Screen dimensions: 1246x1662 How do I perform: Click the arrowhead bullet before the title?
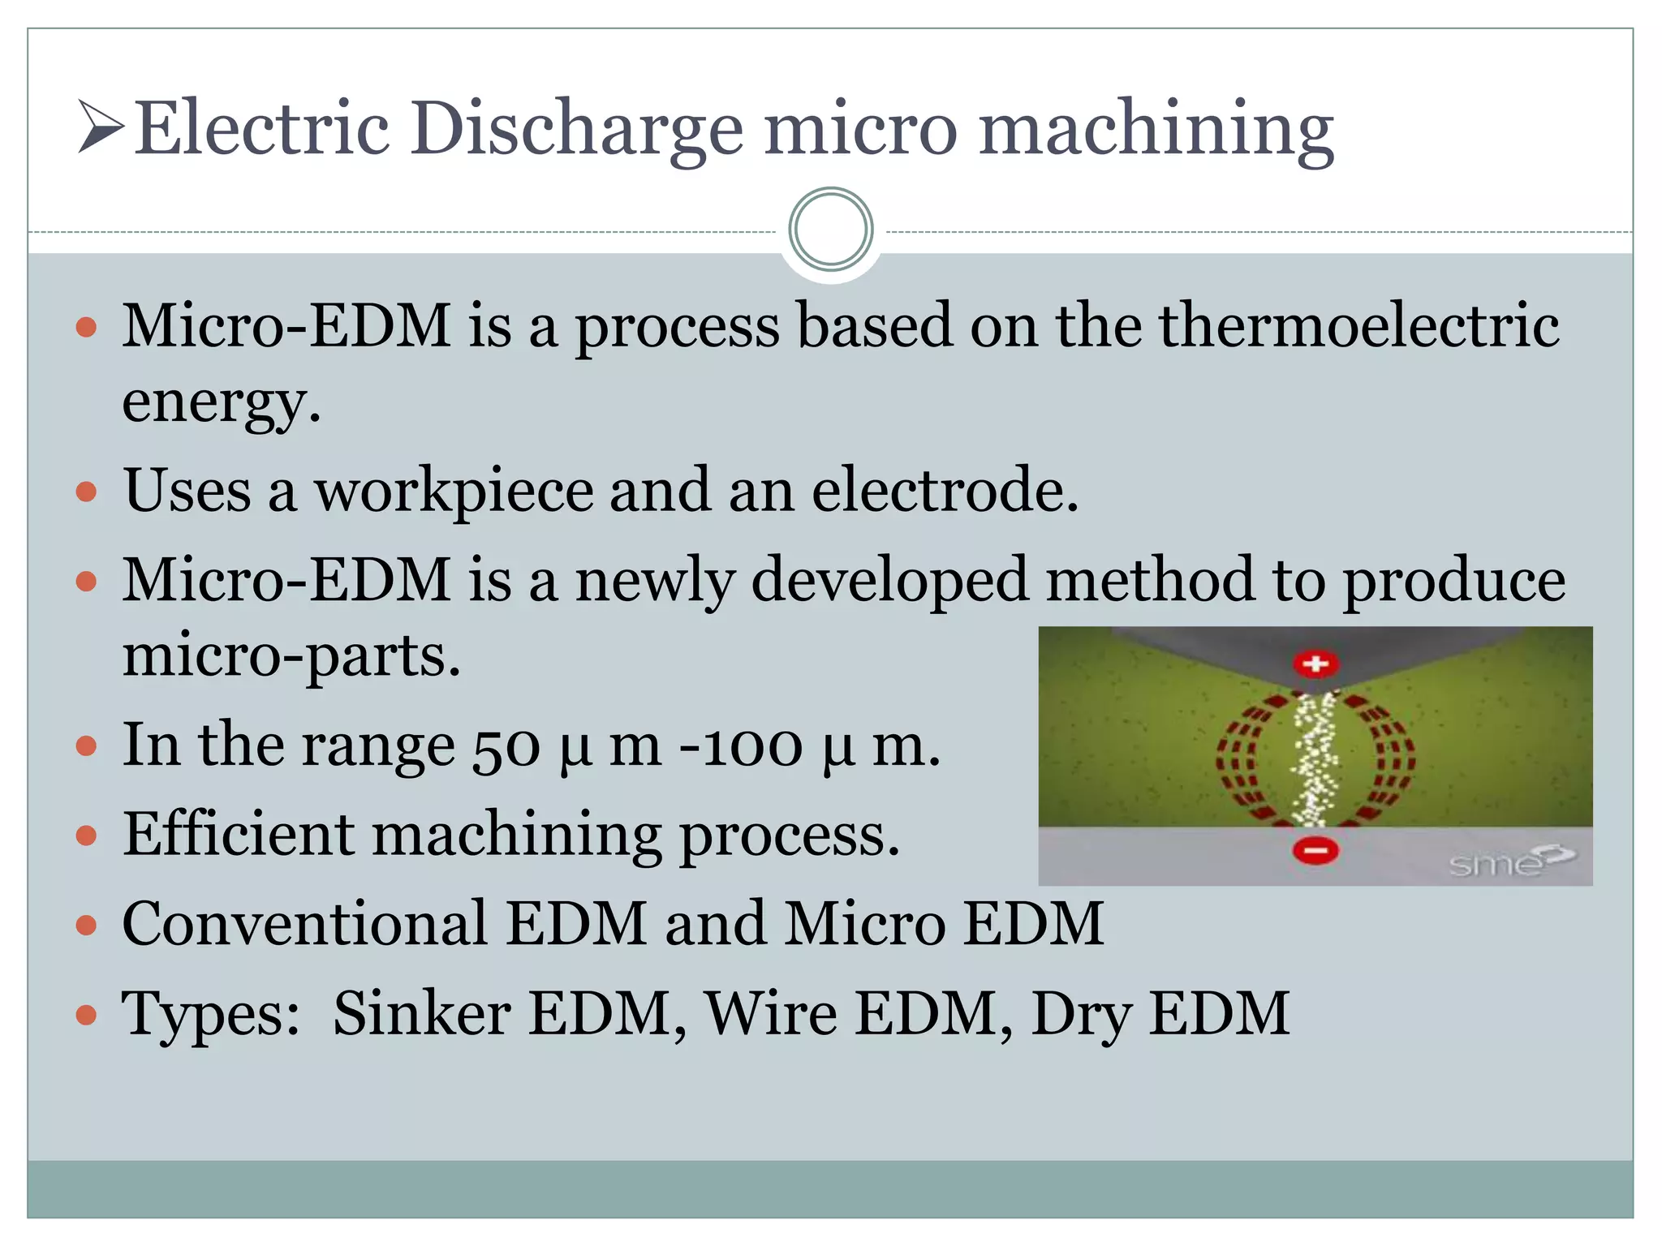point(101,127)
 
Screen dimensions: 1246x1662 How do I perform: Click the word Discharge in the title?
point(575,130)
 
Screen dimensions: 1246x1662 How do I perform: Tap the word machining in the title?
point(1156,130)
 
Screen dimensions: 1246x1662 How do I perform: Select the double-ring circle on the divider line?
point(830,230)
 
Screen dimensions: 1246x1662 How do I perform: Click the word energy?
point(221,401)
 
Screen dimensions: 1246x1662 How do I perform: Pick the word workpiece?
point(454,492)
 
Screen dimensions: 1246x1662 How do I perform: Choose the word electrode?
point(945,490)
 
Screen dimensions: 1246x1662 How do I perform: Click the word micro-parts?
point(291,655)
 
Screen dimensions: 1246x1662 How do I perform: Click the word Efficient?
point(239,835)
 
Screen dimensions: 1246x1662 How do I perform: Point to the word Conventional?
point(304,924)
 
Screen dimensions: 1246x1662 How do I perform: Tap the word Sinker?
point(421,1013)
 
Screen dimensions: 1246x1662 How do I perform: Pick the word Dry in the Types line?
point(1080,1015)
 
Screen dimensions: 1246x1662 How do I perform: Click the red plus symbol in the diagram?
point(1315,664)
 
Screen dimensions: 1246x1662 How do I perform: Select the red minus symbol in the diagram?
point(1315,850)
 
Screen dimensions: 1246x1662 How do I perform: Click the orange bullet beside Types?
point(86,1014)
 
